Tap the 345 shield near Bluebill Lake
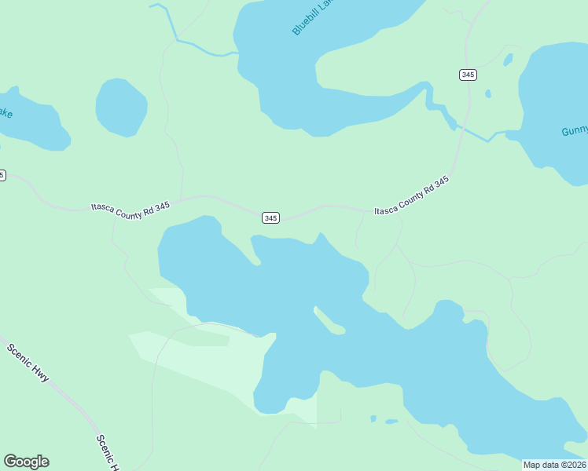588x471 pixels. (x=468, y=75)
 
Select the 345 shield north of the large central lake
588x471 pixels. (x=270, y=217)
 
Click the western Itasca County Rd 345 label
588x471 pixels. (x=130, y=208)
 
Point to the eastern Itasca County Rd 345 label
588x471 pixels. (x=411, y=195)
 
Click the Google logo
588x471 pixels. (x=26, y=462)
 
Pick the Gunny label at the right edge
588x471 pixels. (x=574, y=130)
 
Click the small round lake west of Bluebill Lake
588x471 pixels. (x=121, y=106)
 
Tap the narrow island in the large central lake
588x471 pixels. (x=329, y=320)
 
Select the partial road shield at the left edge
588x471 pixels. (x=2, y=175)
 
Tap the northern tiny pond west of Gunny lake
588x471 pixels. (x=508, y=60)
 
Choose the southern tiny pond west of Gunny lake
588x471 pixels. (x=488, y=93)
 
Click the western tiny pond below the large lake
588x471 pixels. (x=373, y=418)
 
